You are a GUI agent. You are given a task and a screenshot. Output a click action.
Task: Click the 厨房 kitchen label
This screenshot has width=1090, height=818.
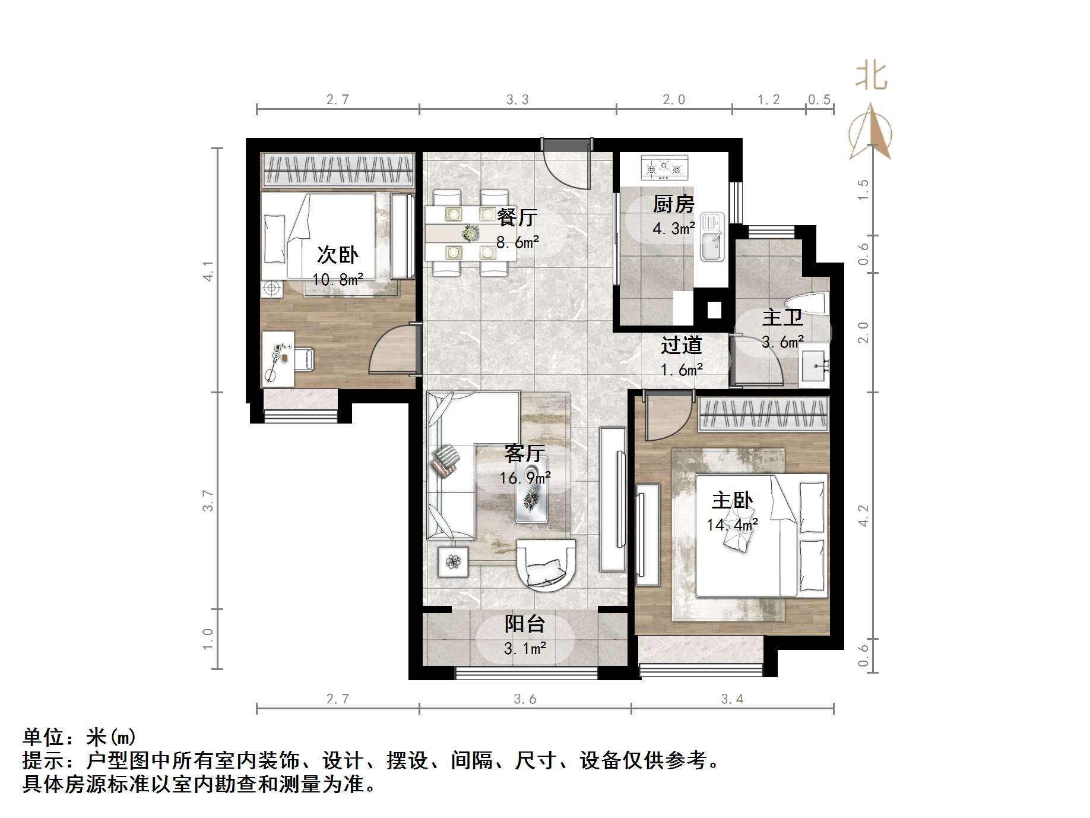coord(673,204)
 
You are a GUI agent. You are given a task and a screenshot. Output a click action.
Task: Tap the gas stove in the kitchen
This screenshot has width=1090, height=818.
coord(664,168)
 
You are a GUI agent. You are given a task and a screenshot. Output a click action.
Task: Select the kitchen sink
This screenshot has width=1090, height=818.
coord(712,238)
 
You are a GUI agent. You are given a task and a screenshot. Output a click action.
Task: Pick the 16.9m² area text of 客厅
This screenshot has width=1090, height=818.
coord(525,478)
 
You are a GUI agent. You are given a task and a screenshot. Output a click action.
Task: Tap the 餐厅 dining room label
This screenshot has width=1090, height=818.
coord(517,217)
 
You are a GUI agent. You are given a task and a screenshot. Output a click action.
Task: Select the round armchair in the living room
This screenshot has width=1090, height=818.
coord(546,565)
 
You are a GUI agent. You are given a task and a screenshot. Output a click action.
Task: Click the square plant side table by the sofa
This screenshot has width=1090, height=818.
coord(453,561)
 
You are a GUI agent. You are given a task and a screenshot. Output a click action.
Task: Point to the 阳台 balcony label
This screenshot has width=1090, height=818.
coord(525,624)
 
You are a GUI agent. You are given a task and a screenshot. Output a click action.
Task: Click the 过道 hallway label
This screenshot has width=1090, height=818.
coord(681,345)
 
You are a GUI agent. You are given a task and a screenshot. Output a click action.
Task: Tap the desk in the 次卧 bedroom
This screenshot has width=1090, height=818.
coord(277,359)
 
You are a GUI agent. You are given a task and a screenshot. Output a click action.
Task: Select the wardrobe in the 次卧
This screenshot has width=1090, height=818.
coord(338,169)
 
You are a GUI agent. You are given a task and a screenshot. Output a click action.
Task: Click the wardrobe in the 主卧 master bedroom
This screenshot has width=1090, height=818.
coord(763,413)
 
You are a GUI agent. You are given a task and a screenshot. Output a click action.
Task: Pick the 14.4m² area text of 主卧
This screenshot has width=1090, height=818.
coord(732,525)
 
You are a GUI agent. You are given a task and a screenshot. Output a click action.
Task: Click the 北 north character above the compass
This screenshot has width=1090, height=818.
coord(871,77)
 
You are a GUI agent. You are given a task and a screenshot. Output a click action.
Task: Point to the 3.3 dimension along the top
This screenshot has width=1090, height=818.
coord(517,100)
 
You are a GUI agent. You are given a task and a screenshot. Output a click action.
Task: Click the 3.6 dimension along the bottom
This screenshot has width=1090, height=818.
coord(525,699)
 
